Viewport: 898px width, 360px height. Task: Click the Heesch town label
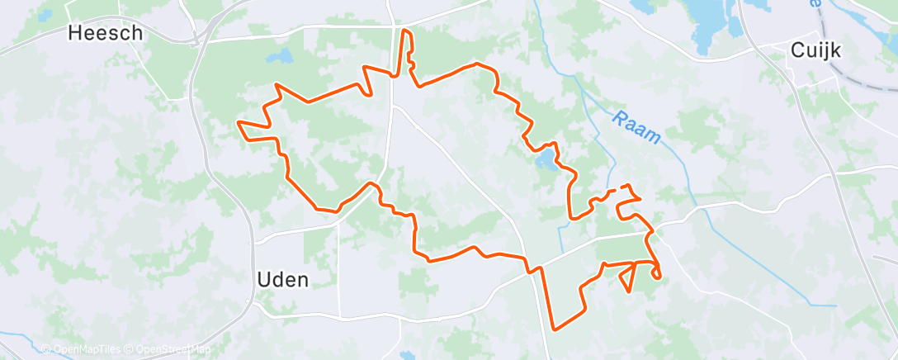coord(105,33)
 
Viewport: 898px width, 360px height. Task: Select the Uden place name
coord(283,280)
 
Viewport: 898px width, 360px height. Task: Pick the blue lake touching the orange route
coord(545,158)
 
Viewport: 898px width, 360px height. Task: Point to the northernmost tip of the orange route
coord(405,31)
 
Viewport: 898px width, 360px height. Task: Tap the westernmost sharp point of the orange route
coord(238,122)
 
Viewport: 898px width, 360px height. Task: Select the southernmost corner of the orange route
coord(555,329)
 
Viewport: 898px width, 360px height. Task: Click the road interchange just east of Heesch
coord(196,37)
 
